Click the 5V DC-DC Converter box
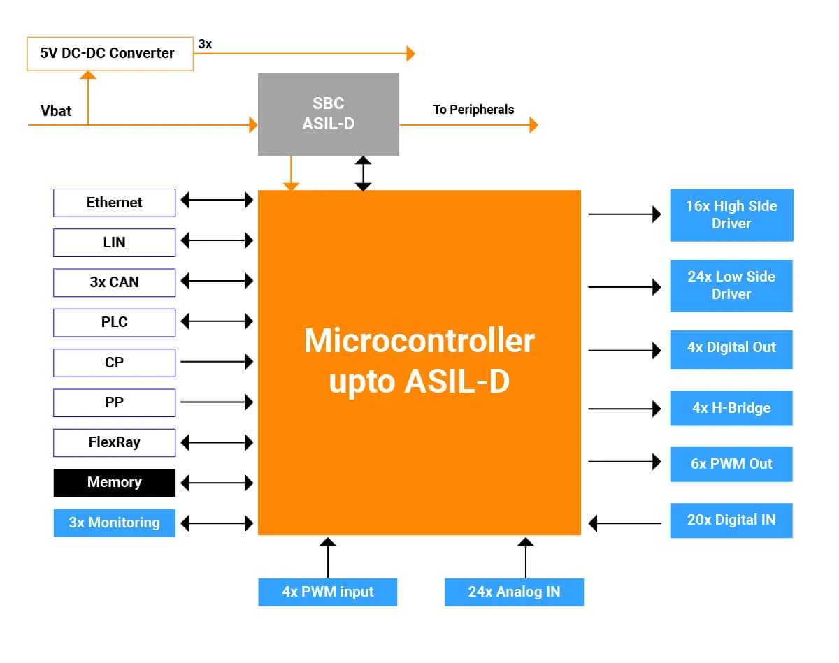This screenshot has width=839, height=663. point(110,54)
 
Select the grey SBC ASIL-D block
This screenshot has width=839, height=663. point(329,115)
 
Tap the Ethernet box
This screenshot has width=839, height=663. point(114,203)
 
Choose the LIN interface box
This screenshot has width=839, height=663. point(114,242)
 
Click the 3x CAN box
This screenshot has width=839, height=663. point(114,283)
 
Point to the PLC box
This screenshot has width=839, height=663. point(114,323)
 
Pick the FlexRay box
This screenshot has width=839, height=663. point(114,442)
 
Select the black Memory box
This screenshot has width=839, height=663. point(114,483)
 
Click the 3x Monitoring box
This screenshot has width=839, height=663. point(114,523)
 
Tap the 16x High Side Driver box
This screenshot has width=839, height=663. point(732,215)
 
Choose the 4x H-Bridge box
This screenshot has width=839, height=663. point(731,408)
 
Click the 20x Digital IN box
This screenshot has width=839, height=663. point(731,520)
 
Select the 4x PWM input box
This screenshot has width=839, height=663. point(327,592)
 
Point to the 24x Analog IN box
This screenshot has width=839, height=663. point(515,592)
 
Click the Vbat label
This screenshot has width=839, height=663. point(56,111)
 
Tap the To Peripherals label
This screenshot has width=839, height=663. point(473,110)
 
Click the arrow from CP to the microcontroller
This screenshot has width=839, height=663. point(217,362)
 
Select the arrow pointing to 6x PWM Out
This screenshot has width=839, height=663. point(624,462)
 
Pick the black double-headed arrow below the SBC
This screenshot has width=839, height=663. point(363,173)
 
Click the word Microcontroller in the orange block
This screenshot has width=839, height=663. point(419,341)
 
